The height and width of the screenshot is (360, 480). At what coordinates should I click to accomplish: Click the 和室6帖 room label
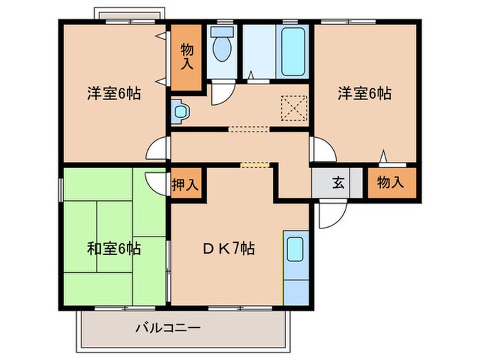(114, 248)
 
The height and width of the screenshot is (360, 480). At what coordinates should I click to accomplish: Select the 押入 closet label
(185, 184)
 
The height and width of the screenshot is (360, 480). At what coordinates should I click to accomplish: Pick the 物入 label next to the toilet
(187, 57)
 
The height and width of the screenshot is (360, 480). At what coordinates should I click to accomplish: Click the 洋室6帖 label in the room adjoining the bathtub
(363, 94)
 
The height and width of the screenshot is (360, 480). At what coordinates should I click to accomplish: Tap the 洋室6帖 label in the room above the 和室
(114, 94)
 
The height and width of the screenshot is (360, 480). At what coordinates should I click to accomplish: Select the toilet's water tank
(221, 32)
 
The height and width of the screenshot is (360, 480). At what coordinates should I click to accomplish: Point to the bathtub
(293, 50)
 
